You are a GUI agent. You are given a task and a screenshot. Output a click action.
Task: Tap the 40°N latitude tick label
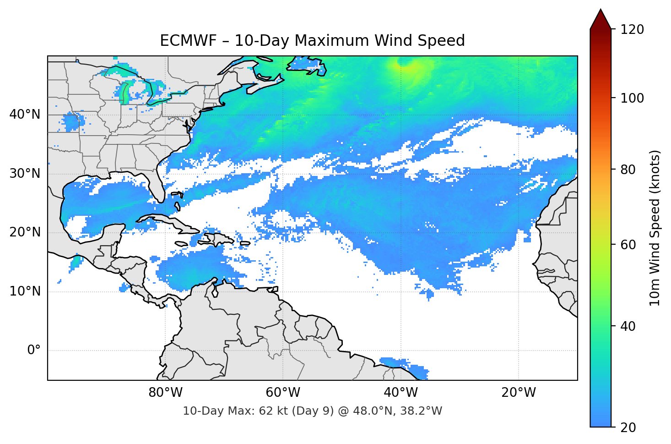tap(25, 115)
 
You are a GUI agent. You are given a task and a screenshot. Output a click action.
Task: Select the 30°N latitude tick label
tap(25, 174)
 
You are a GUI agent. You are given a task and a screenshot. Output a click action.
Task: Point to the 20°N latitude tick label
tap(25, 232)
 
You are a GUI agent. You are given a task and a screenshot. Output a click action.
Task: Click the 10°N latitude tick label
tap(25, 291)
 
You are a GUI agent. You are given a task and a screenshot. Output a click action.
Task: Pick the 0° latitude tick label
tap(33, 351)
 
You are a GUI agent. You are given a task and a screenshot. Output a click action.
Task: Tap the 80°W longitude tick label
tap(165, 393)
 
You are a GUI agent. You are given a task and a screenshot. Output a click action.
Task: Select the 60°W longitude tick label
tap(283, 393)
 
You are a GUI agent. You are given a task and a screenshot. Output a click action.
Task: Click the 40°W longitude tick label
tap(400, 393)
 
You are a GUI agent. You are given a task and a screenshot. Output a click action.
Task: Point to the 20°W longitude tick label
tap(518, 393)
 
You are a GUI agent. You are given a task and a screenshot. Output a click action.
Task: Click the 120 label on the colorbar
tap(632, 30)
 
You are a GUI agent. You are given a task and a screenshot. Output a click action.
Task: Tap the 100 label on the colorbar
tap(632, 98)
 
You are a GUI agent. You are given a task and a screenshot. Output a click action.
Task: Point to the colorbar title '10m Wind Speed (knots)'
tap(655, 228)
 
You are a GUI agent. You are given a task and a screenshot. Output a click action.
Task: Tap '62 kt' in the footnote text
tap(272, 411)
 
